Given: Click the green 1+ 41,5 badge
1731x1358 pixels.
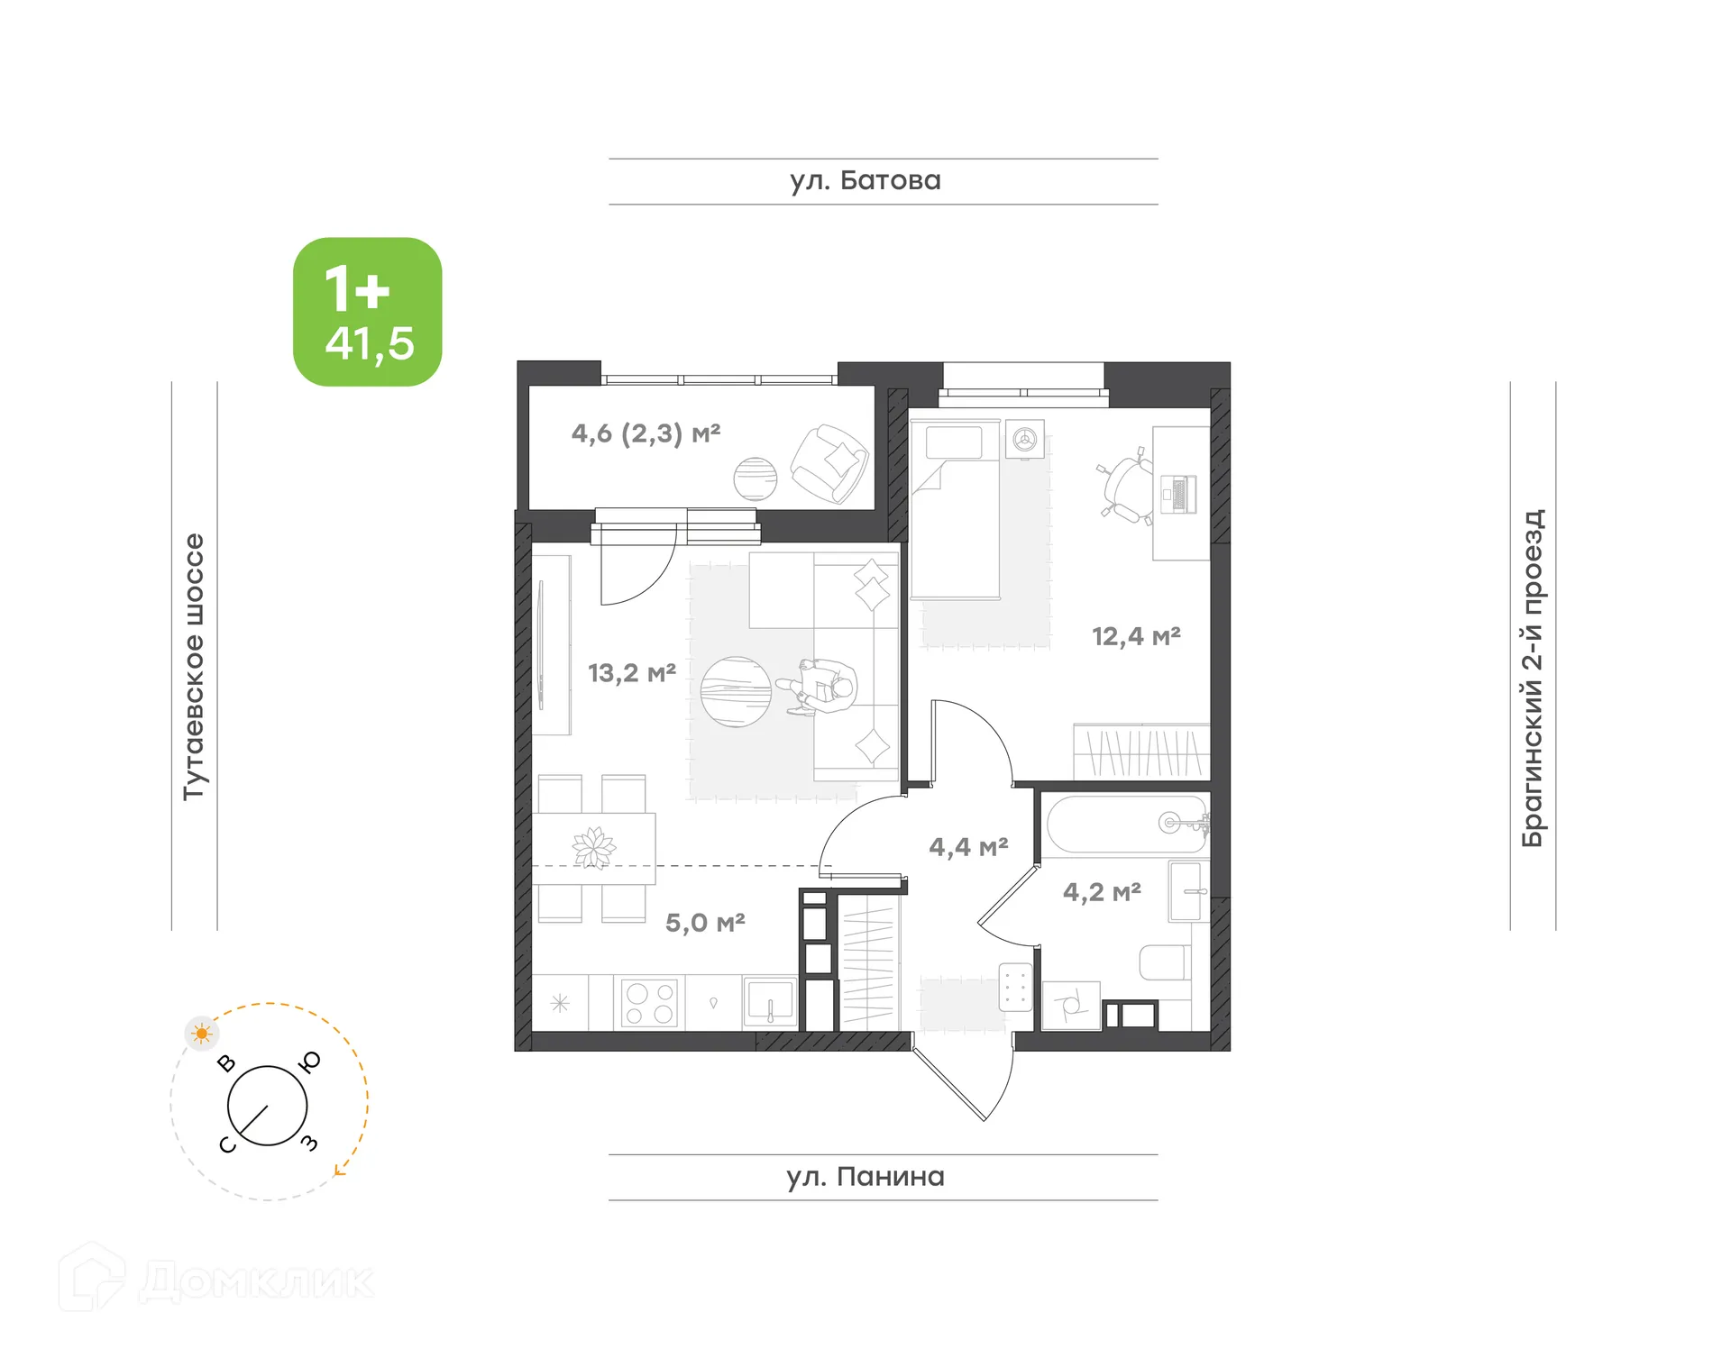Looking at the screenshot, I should coord(367,312).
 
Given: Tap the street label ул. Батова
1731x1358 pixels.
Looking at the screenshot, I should coord(865,181).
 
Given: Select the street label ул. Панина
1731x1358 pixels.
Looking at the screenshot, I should coord(865,1177).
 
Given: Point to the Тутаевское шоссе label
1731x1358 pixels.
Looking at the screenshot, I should coord(195,667).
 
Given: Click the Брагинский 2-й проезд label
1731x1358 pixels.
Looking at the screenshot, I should coord(1533,678).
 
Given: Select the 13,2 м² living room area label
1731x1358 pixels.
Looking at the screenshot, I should coord(631,673).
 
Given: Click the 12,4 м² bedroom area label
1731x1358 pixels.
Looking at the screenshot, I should coord(1135,636).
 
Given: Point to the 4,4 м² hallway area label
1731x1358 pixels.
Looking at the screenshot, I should coord(968,847).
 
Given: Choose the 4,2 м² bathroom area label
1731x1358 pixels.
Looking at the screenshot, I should coord(1102,892).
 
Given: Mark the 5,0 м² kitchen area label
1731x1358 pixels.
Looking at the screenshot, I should coord(705,923).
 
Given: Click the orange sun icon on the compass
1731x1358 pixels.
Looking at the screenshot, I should coord(201,1033).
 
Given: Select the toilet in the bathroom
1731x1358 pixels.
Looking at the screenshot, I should coord(1164,962).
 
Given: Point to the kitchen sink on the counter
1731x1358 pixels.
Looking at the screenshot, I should coord(769,1002).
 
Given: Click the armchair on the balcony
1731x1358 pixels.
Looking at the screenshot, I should coord(830,463).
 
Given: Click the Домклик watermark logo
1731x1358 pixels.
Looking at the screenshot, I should coord(216,1281).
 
